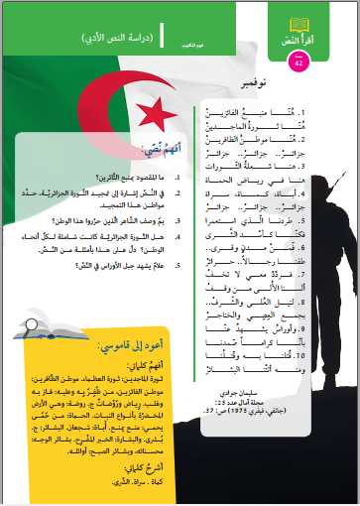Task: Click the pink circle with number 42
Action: point(303,63)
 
